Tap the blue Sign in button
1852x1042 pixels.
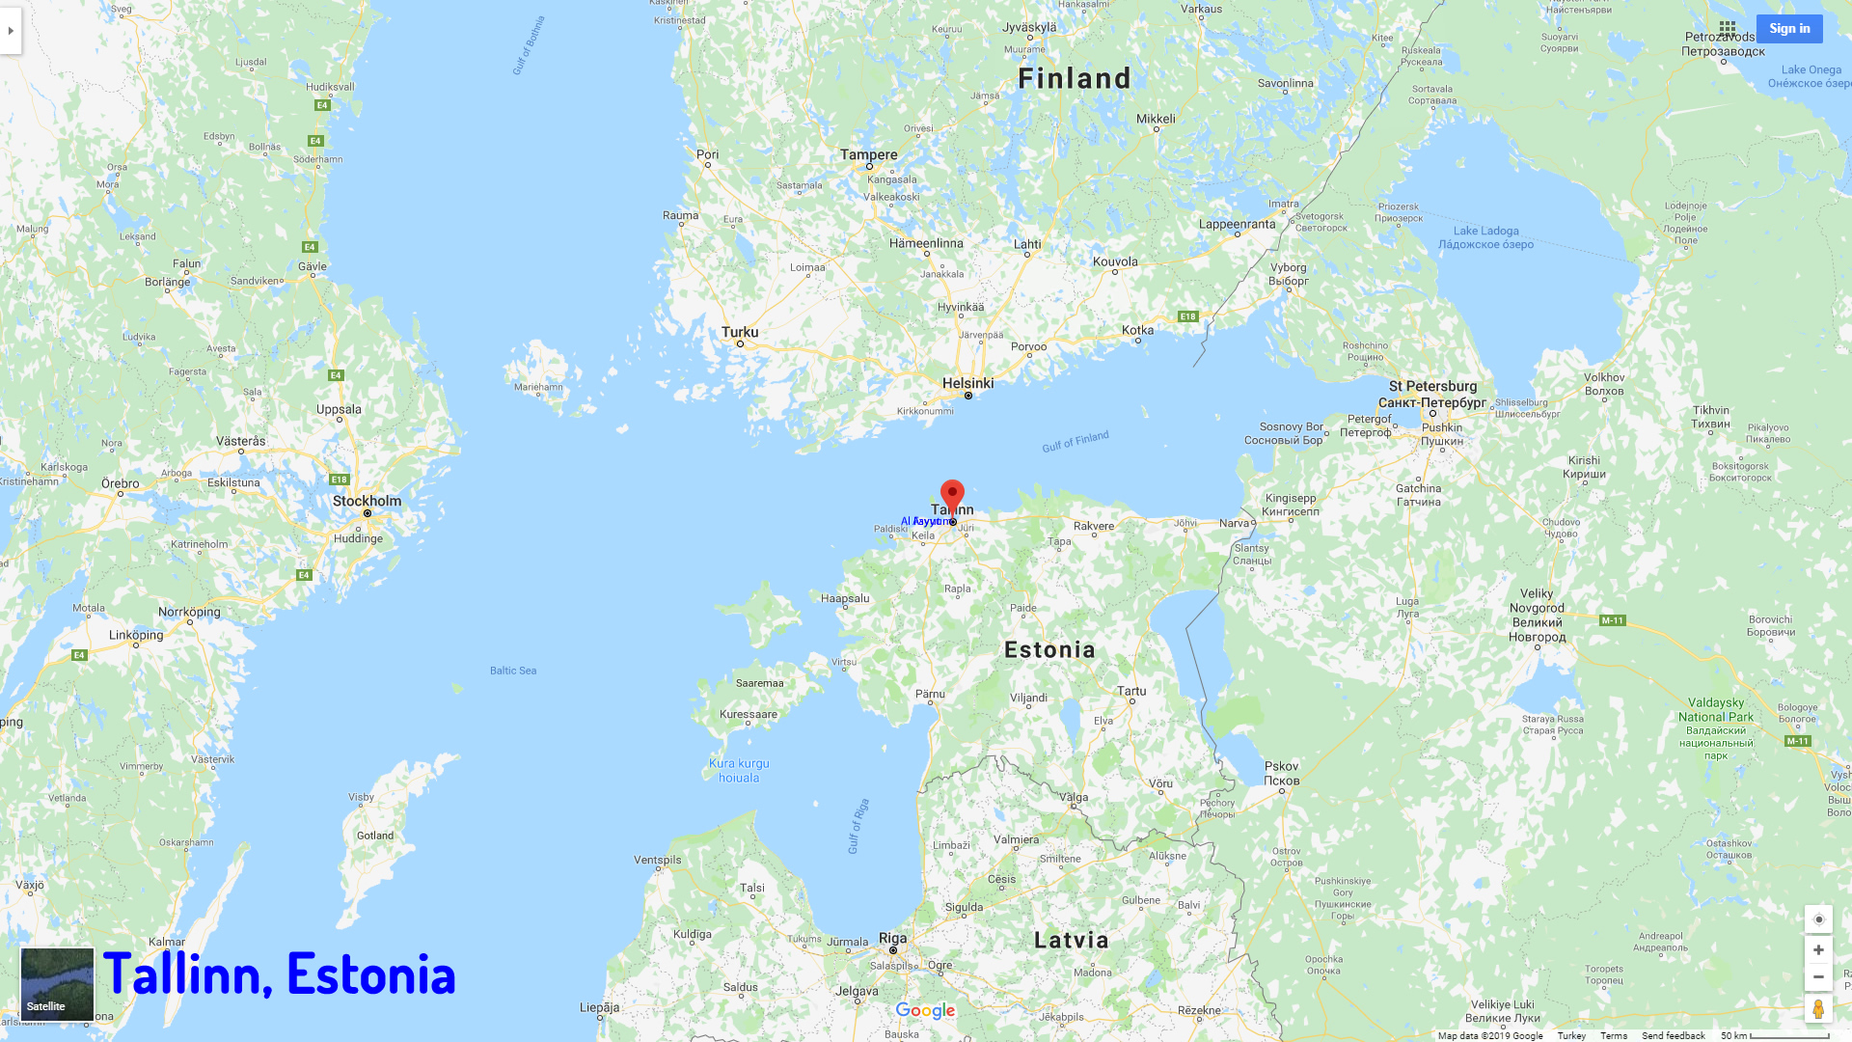(x=1789, y=29)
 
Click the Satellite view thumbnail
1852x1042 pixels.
(x=58, y=984)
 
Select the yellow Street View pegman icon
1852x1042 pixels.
(x=1818, y=1009)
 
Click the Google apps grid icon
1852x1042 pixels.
(x=1728, y=29)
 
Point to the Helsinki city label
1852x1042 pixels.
(x=967, y=383)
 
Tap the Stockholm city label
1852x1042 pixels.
(x=367, y=501)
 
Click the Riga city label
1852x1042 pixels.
(x=892, y=938)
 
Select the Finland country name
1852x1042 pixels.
(x=1075, y=78)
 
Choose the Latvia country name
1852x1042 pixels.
(x=1072, y=940)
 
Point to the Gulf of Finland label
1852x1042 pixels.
(x=1076, y=442)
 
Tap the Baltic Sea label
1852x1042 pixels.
(x=513, y=671)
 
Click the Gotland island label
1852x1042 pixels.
(x=375, y=836)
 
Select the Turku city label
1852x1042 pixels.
(x=740, y=332)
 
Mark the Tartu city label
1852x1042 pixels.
(x=1131, y=691)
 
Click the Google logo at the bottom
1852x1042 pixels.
(x=925, y=1010)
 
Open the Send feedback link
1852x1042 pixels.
(x=1673, y=1035)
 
